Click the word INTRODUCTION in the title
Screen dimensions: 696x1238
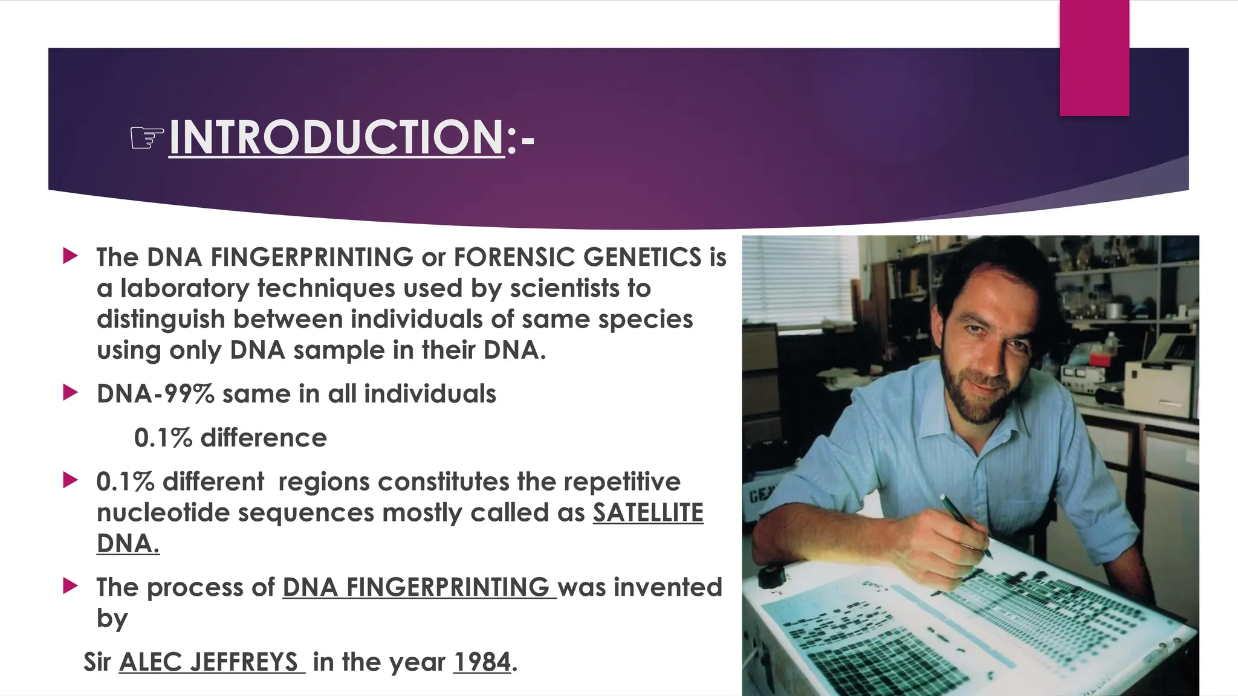click(x=336, y=137)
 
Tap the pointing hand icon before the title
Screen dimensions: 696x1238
click(x=147, y=138)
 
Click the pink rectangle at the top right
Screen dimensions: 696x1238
click(x=1094, y=57)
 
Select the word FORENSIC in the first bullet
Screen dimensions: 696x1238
click(x=514, y=257)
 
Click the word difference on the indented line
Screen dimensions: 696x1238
click(x=264, y=438)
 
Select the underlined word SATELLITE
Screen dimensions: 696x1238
click(x=647, y=513)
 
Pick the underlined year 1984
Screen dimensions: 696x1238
click(x=482, y=662)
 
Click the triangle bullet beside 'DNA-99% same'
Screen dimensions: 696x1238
click(x=70, y=393)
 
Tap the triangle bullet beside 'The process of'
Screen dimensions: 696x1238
click(x=70, y=585)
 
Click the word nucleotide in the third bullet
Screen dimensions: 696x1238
click(x=163, y=513)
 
